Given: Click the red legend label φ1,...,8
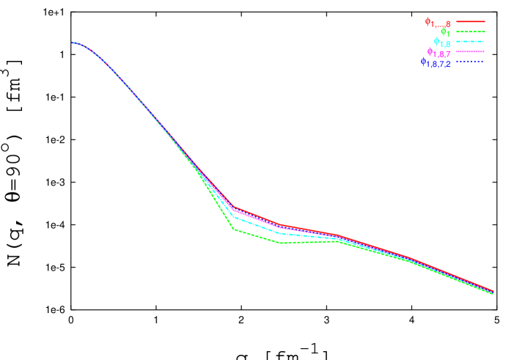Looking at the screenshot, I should coord(437,23).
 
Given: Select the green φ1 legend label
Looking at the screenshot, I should coord(445,32).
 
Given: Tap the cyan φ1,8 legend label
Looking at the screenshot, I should coord(441,43).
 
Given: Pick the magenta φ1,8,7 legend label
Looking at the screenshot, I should coord(438,53).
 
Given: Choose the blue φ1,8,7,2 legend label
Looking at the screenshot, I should coord(435,63).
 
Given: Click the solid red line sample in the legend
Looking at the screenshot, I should coord(471,22).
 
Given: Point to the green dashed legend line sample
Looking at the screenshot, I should coord(471,32).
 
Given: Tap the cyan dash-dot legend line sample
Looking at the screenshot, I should coord(471,43).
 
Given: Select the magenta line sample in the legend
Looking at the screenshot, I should coord(471,52).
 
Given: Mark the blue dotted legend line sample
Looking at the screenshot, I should coord(471,62).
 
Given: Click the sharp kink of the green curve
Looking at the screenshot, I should coord(234,229).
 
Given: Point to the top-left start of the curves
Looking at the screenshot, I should coord(73,43).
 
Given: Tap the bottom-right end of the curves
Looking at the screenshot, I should coord(492,292).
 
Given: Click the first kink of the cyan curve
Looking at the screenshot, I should coord(234,217).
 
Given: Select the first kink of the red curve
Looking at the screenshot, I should coord(234,207).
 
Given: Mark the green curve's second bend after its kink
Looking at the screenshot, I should coord(282,243).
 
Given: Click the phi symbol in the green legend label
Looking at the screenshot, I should coord(442,31).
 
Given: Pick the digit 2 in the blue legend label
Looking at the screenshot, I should coord(447,65).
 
